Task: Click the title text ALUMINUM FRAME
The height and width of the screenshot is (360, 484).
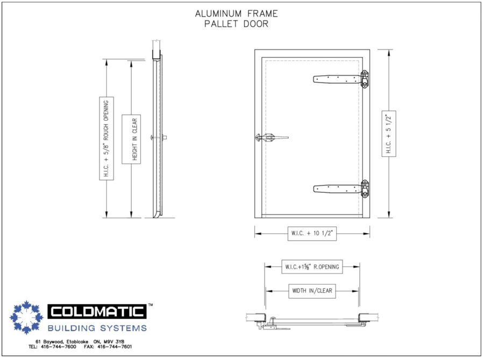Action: pos(236,13)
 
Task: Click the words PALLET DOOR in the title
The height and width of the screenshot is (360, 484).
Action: pos(236,24)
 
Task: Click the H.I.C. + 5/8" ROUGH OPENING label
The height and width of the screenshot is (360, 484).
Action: pos(106,139)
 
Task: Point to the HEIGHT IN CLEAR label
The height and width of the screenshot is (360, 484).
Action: pos(131,139)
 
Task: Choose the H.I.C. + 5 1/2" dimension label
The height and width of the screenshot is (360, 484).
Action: pos(389,134)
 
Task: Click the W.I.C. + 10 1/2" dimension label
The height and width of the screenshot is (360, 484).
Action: pos(312,234)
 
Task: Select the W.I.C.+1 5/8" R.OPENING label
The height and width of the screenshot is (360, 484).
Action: pos(312,266)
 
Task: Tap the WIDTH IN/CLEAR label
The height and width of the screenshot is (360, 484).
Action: pos(312,291)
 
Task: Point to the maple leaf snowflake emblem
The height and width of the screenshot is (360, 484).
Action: pos(26,317)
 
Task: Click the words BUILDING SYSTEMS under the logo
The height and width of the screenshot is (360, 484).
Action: pos(97,328)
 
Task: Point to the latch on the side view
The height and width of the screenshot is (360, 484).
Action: pos(160,138)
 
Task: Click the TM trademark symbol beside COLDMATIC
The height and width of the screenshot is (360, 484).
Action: pos(150,305)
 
